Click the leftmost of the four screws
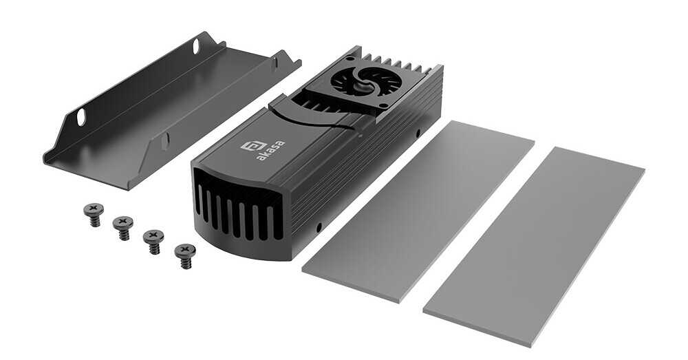[92, 211]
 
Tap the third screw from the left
[153, 239]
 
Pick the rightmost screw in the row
[184, 253]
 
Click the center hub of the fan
[357, 80]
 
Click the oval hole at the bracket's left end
[82, 117]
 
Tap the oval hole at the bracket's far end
[196, 47]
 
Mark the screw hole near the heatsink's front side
[319, 226]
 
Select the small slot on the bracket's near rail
[165, 141]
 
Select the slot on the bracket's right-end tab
[275, 63]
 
